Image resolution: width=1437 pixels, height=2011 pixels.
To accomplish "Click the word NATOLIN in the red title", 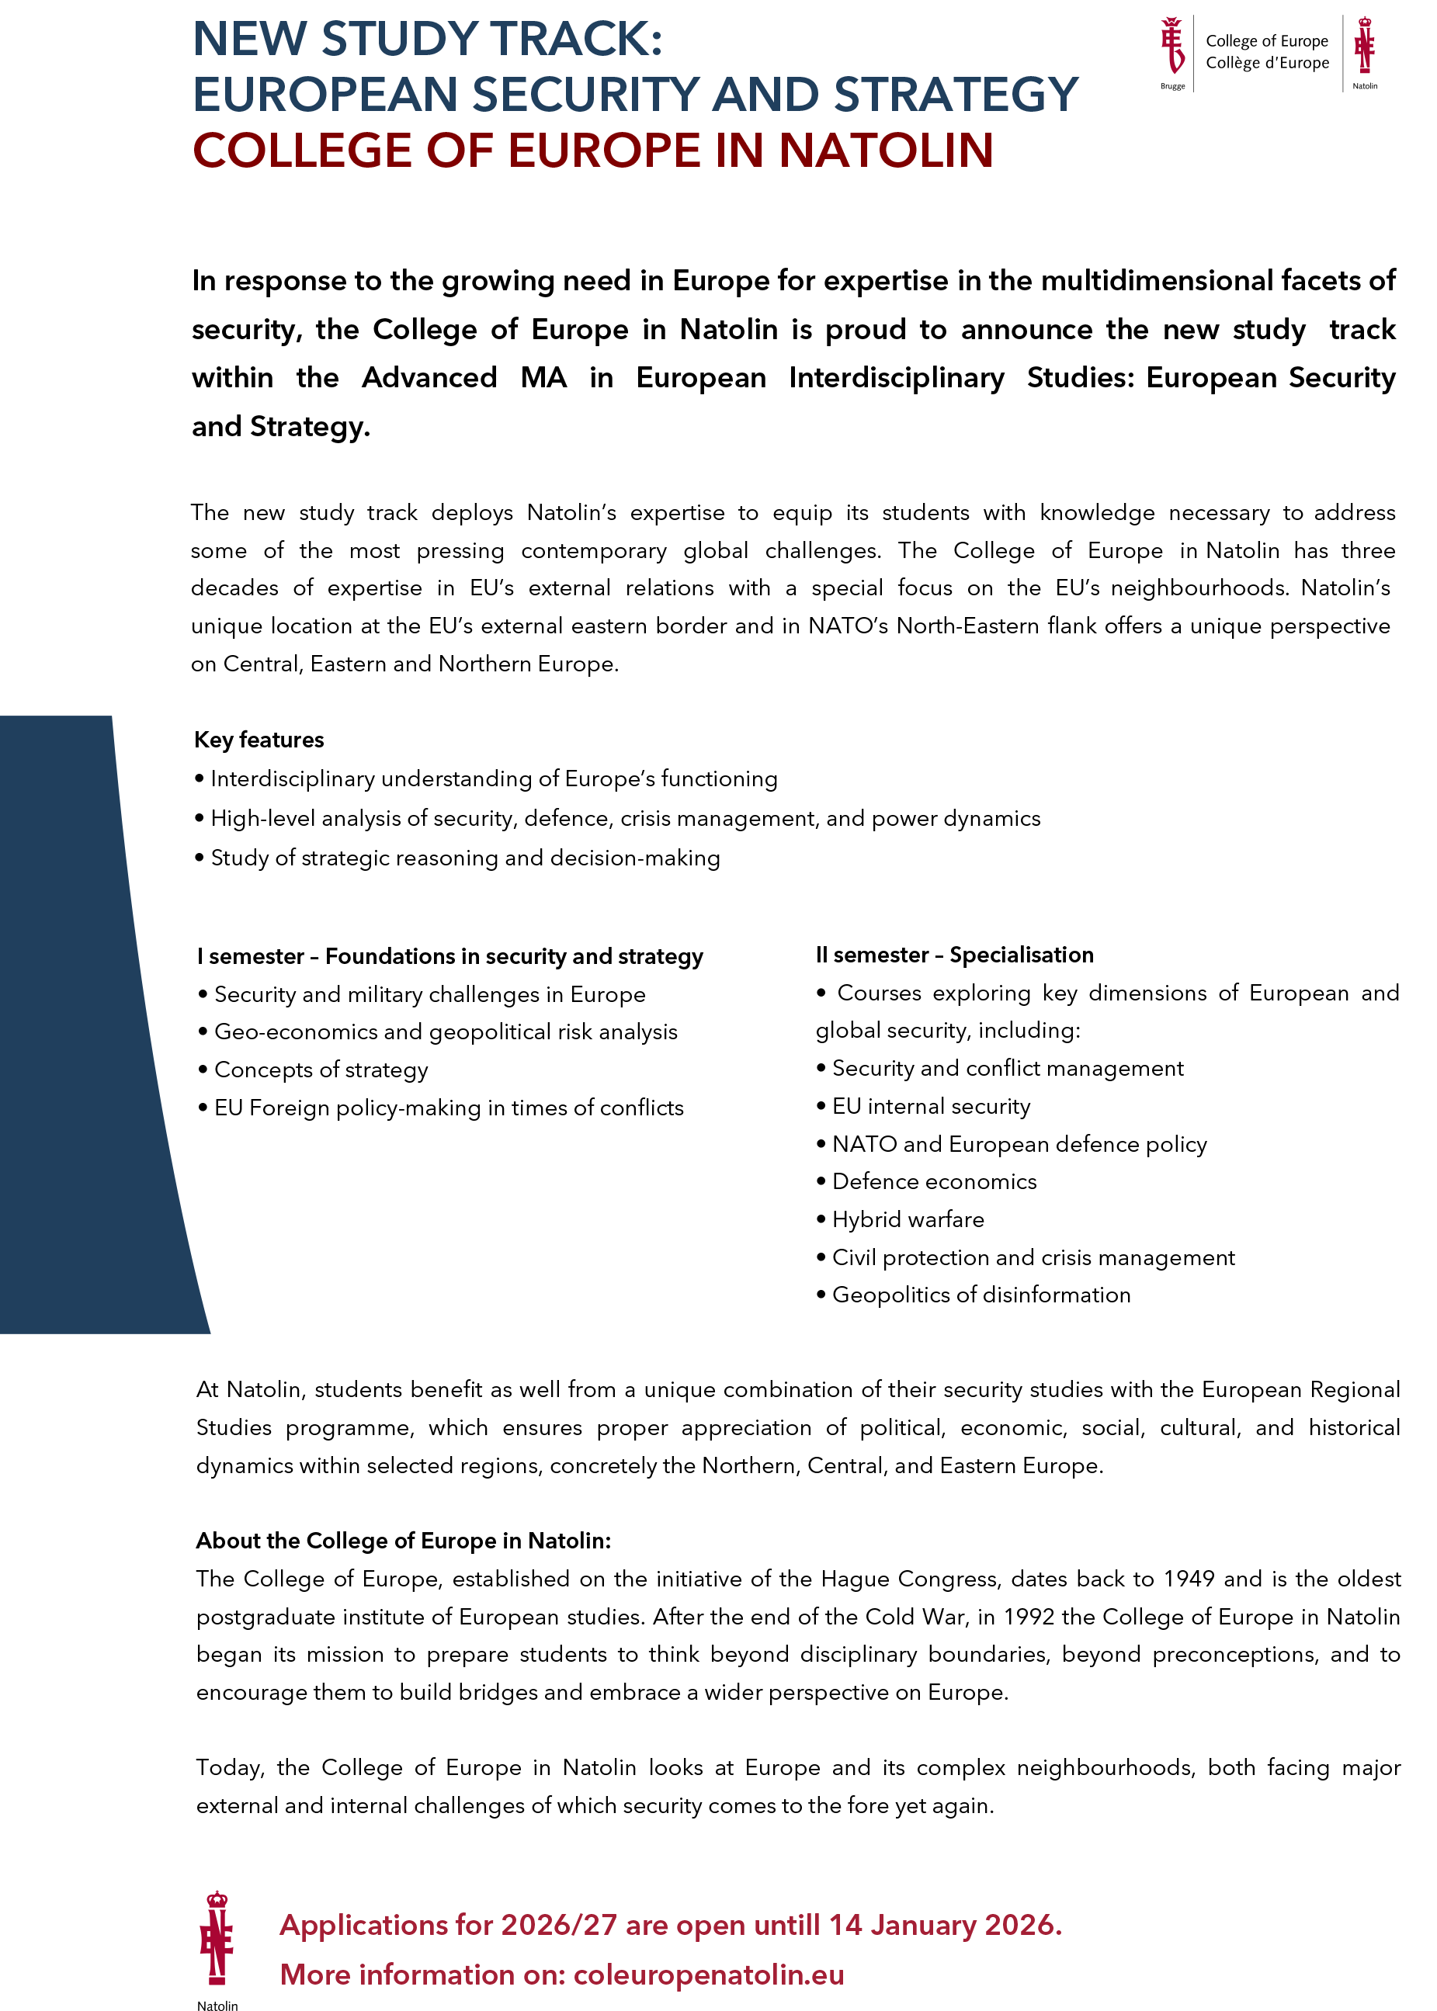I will tap(886, 151).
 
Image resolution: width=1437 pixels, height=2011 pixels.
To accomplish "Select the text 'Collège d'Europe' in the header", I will tap(1267, 63).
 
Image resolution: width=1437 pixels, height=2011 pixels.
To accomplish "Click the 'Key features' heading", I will tap(259, 740).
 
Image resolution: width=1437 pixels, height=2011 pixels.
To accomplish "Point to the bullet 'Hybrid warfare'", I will tap(908, 1219).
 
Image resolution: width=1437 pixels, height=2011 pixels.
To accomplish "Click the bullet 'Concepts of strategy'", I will tap(321, 1070).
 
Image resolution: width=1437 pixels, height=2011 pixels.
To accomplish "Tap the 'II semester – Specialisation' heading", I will tap(955, 955).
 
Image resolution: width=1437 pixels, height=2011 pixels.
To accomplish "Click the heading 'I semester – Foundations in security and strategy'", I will tap(450, 956).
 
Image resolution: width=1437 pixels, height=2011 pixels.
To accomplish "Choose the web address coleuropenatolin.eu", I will tap(709, 1974).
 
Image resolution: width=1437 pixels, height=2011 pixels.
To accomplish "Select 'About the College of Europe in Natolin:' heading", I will tap(404, 1541).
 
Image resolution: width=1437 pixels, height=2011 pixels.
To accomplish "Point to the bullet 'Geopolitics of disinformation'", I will tap(981, 1295).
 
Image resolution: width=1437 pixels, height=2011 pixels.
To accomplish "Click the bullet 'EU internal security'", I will tap(931, 1106).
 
